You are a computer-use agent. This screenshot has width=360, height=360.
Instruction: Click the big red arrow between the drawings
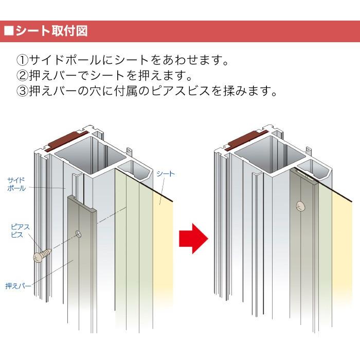(x=193, y=239)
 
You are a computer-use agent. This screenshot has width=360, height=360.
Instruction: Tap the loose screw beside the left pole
(x=43, y=255)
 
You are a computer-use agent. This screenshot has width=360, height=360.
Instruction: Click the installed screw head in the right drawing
(x=300, y=206)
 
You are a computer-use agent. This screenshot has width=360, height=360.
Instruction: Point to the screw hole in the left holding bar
(x=79, y=233)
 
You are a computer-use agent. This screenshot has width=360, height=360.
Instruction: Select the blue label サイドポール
(x=16, y=184)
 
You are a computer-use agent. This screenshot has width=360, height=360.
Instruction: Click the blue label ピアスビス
(x=20, y=231)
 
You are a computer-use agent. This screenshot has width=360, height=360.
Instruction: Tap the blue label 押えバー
(x=18, y=286)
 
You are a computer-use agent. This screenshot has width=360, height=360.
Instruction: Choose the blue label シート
(x=166, y=174)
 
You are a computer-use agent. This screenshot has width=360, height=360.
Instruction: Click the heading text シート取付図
(x=51, y=31)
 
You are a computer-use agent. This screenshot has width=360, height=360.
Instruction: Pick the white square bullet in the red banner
(x=9, y=31)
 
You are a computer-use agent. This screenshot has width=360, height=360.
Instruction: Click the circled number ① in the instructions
(x=23, y=60)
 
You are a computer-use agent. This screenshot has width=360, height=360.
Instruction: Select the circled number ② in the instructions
(x=23, y=76)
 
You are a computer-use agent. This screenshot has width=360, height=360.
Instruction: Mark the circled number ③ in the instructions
(x=23, y=91)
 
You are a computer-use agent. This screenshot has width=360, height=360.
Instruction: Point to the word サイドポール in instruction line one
(x=65, y=60)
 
